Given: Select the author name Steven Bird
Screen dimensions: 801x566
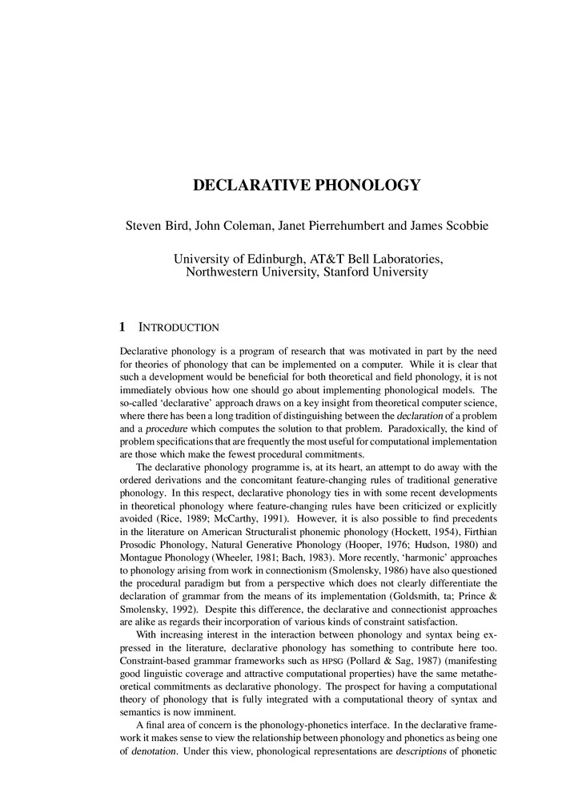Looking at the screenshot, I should coord(157,226).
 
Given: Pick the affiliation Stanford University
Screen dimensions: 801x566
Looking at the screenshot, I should coord(374,272).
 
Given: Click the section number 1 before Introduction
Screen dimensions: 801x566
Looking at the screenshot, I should coord(122,328).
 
